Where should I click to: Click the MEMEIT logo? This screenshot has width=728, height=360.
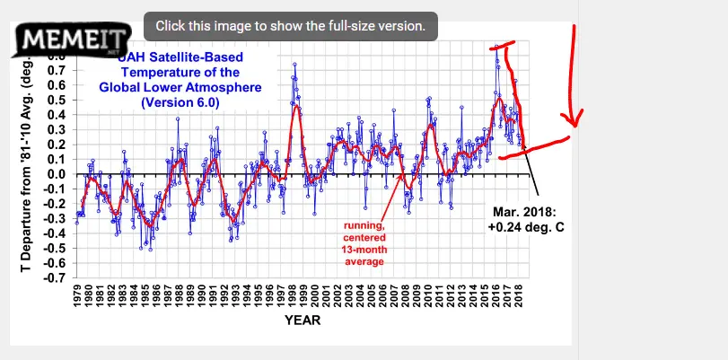66,40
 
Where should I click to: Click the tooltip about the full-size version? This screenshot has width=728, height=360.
290,25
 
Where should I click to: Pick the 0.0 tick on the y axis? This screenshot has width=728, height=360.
57,174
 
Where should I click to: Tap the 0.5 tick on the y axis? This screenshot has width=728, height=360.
57,100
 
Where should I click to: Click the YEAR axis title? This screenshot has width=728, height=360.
303,320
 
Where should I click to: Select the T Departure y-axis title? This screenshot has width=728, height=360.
26,162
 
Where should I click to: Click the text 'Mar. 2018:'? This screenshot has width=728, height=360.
524,212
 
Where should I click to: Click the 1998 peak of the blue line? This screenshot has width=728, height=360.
294,64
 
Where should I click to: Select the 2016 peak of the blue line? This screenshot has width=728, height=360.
496,48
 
